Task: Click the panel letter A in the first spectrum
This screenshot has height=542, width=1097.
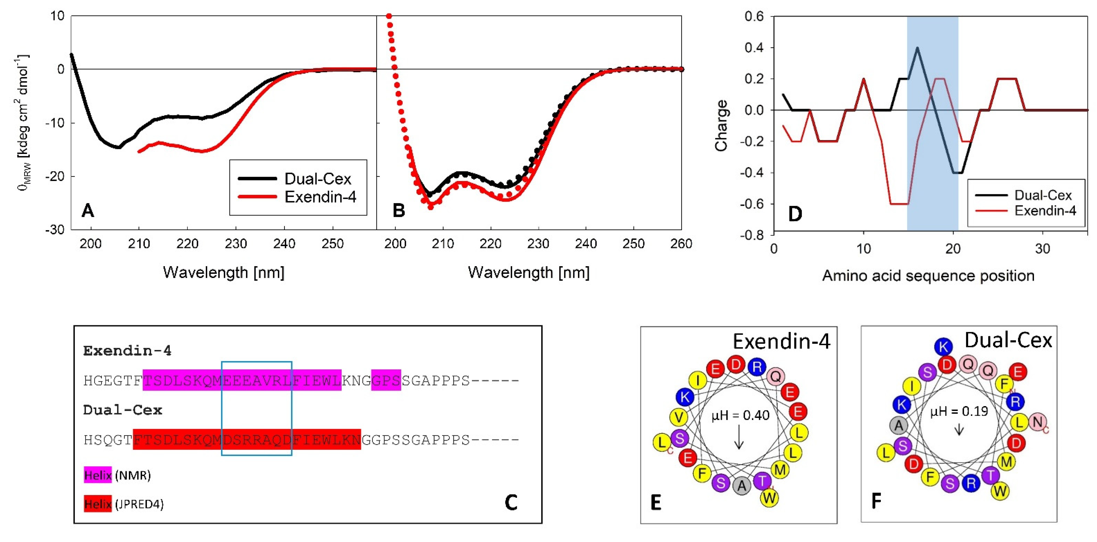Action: pyautogui.click(x=88, y=210)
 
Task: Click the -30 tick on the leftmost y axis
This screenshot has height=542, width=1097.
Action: pyautogui.click(x=55, y=230)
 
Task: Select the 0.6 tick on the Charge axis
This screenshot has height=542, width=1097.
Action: pyautogui.click(x=754, y=17)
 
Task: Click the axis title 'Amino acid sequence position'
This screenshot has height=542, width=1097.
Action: pyautogui.click(x=928, y=276)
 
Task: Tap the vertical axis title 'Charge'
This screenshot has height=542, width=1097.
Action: pyautogui.click(x=721, y=126)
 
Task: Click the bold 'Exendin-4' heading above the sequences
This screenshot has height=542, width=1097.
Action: pyautogui.click(x=127, y=351)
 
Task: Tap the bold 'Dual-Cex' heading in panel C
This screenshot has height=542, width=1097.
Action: pyautogui.click(x=123, y=410)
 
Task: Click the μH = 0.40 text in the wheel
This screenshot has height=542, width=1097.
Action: pyautogui.click(x=740, y=415)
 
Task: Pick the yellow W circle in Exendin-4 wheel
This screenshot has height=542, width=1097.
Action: pyautogui.click(x=769, y=497)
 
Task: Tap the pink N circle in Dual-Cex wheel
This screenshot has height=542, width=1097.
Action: pyautogui.click(x=1038, y=422)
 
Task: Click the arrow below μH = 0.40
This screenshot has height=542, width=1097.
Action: pyautogui.click(x=739, y=439)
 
